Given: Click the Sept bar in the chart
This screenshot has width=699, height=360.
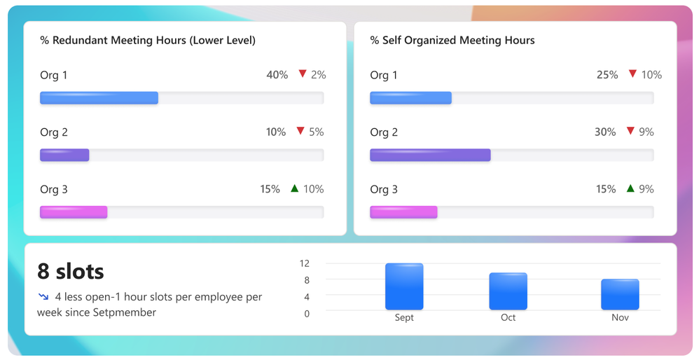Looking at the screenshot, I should [404, 286].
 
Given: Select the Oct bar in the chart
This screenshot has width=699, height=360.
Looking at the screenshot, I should [508, 291].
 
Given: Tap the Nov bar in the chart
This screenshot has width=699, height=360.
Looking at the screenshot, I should [620, 294].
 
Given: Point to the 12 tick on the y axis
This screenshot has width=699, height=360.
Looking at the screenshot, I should [305, 263].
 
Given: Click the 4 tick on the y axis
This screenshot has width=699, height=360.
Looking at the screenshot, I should [307, 297].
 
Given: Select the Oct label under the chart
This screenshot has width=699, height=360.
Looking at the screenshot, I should [508, 317].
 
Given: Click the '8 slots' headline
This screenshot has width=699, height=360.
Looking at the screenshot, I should [71, 271].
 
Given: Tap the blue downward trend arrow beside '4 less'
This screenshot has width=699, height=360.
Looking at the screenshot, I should [43, 297].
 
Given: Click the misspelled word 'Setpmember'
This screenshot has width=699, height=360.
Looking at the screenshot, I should [125, 312].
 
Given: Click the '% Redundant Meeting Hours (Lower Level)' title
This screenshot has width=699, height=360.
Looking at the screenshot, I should [148, 41].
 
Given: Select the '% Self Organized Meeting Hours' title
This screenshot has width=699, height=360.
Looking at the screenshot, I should [452, 41].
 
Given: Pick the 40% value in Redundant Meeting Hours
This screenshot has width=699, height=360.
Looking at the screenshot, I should [277, 75].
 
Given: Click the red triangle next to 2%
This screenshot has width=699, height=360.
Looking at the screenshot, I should [303, 74].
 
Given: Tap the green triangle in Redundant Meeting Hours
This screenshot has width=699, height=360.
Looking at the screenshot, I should [294, 188].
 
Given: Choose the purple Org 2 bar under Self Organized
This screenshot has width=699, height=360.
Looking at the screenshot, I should [430, 155].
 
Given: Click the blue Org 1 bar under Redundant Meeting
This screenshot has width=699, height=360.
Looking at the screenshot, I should [99, 98].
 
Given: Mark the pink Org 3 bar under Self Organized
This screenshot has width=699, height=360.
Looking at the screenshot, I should [403, 212].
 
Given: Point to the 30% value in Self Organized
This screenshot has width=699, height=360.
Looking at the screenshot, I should [604, 132].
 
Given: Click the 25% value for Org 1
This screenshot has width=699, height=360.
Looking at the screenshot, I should [607, 75].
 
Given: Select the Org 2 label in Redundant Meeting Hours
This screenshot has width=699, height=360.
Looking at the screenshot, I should [54, 132].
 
